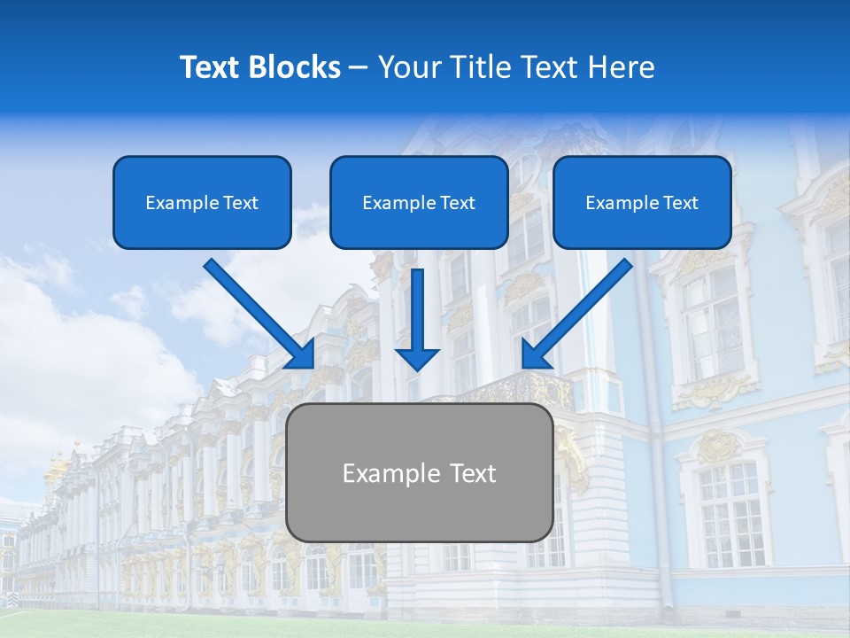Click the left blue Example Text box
point(202,202)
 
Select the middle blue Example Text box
point(419,202)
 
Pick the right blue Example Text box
point(642,202)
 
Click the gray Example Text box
point(420,472)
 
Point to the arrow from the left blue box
point(257,310)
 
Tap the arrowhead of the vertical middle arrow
point(417,359)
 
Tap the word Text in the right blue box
point(680,203)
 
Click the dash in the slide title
point(359,67)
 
